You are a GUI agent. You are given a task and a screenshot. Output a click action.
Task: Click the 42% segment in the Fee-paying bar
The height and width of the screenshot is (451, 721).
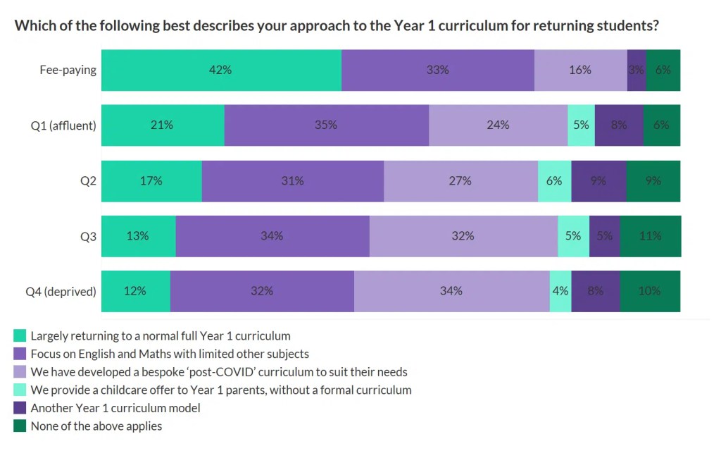point(221,70)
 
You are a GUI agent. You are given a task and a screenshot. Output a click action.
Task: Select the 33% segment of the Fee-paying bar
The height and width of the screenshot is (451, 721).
point(437,70)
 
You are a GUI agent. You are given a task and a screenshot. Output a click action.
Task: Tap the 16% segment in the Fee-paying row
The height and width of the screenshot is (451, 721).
point(580,70)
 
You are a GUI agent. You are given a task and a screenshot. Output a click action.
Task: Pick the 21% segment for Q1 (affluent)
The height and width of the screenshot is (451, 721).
point(163,125)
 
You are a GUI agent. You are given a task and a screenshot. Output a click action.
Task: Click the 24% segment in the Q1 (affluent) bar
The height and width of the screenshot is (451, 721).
point(498,125)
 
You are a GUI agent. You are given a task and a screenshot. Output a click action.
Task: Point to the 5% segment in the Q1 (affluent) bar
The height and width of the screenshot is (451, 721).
point(581,125)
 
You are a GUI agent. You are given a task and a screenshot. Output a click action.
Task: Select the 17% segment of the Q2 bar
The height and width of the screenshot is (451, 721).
point(151,180)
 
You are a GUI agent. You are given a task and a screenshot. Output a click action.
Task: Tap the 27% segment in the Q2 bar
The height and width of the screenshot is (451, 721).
point(460,180)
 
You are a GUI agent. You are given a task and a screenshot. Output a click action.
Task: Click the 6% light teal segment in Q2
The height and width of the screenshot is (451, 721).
point(554,180)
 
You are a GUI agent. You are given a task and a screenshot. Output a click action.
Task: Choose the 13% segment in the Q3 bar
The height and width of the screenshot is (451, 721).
point(139,236)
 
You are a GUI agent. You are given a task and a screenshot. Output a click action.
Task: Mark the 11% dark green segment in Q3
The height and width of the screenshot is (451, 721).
point(650,236)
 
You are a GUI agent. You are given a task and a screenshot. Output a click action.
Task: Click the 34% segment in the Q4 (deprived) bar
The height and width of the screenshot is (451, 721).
point(451,291)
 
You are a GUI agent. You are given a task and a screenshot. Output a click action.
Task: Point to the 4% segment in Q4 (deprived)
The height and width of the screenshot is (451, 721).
point(560,291)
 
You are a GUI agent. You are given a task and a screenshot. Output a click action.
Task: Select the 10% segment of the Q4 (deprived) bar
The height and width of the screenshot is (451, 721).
point(650,291)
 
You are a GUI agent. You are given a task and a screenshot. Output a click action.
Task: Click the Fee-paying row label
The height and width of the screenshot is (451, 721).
point(68,70)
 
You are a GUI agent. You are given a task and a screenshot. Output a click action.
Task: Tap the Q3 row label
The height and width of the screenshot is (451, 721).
point(88,236)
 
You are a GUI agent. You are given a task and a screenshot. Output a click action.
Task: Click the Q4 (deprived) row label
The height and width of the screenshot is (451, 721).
point(61,291)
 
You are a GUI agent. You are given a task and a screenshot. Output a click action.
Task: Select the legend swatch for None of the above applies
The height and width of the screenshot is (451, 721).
point(20,426)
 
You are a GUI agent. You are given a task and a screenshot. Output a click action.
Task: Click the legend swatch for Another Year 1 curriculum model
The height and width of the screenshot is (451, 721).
point(20,408)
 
